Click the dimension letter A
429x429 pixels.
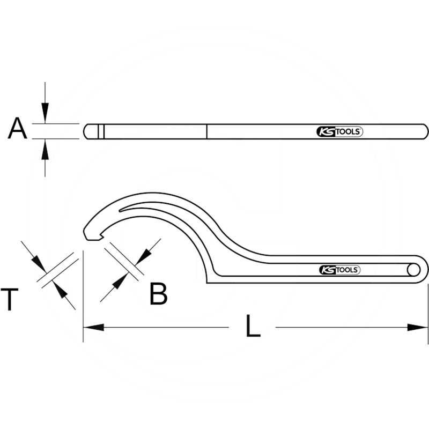coord(17,130)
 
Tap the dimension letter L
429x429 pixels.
coord(253,327)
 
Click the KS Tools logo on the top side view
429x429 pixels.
coord(338,131)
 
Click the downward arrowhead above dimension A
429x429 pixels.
coord(46,114)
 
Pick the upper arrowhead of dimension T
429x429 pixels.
coord(38,262)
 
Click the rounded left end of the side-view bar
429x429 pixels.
coord(87,131)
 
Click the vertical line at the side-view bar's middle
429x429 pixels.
coord(207,131)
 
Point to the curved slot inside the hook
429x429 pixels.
coord(161,206)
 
